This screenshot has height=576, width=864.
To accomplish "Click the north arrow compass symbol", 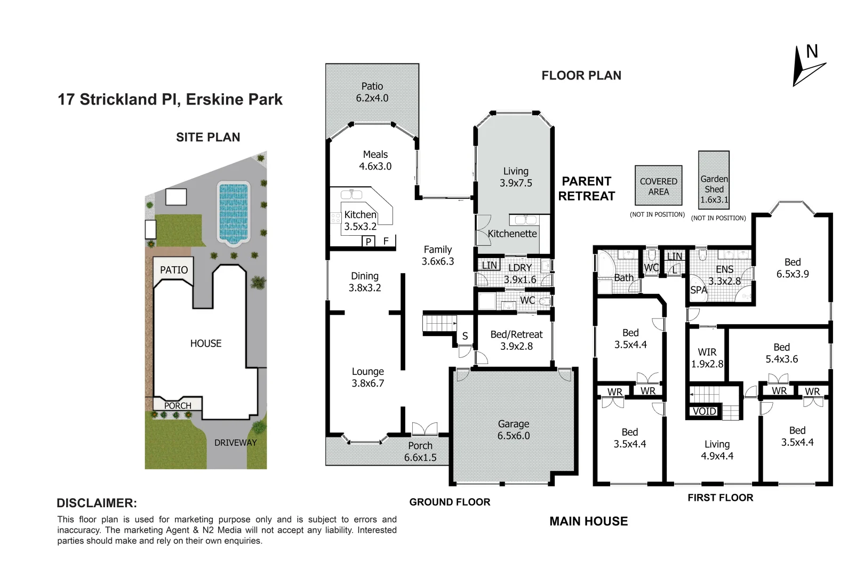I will click(x=807, y=66).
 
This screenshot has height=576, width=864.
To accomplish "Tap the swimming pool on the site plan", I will click(x=234, y=213).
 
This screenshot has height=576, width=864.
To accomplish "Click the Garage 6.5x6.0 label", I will click(x=514, y=430).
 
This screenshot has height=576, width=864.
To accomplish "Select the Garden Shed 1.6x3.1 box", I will click(x=714, y=180).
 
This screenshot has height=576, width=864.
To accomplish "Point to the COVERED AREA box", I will click(x=659, y=186).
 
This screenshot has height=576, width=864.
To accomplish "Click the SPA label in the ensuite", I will click(x=698, y=290).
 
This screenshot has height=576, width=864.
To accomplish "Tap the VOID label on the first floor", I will click(x=704, y=411).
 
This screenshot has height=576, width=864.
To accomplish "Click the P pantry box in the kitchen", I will click(x=369, y=242).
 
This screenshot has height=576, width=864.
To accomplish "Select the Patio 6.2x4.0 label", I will click(x=372, y=92).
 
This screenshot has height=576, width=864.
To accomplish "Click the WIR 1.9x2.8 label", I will click(x=707, y=358).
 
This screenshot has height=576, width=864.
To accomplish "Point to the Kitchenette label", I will click(x=512, y=234).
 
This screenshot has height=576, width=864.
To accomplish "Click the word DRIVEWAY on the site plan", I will click(x=235, y=443).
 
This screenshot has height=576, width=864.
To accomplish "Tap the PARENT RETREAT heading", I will click(x=587, y=189).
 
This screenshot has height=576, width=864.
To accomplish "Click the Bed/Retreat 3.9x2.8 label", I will click(x=516, y=340).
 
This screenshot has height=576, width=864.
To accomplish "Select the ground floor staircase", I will click(x=439, y=324).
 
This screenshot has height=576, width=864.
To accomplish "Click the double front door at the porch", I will click(x=425, y=429).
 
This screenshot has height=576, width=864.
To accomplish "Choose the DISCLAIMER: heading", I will click(x=97, y=503).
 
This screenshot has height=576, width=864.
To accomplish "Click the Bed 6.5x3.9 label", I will click(x=793, y=268).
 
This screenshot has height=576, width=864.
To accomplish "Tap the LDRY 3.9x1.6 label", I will click(x=520, y=274).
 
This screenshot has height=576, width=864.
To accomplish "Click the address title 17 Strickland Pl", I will click(x=170, y=100).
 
